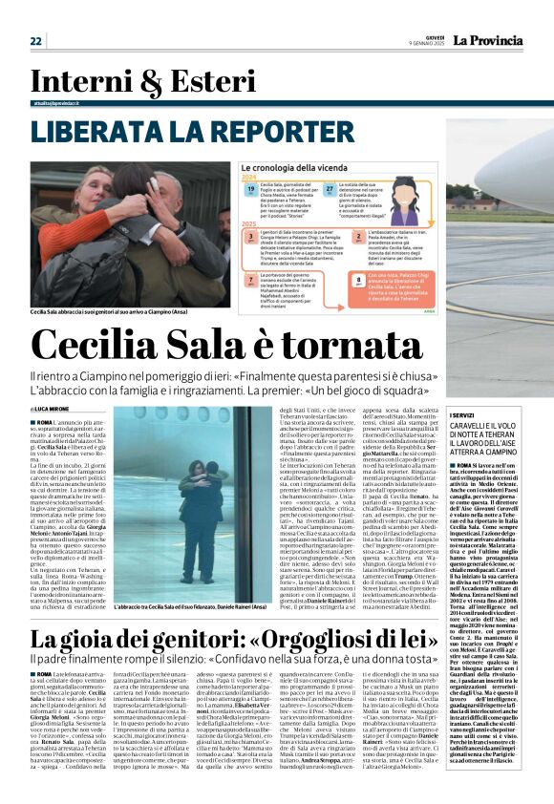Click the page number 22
click(x=36, y=41)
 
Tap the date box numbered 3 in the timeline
click(x=248, y=235)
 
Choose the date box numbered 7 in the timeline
click(x=248, y=277)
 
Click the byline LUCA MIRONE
click(x=66, y=408)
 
